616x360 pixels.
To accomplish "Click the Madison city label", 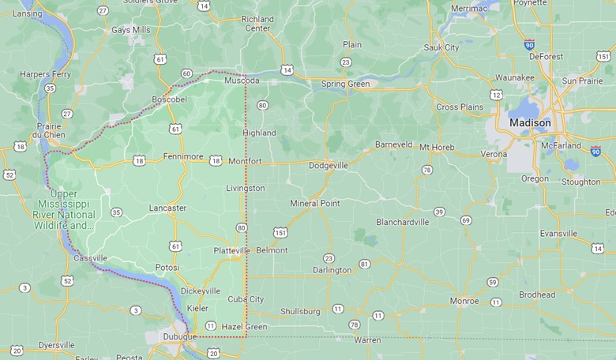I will [x=531, y=123].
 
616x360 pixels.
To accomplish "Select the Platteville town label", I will [x=231, y=250].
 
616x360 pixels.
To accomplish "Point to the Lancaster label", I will [x=167, y=208].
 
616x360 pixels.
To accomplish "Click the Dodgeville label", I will [x=328, y=166].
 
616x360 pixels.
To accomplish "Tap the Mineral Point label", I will [x=315, y=204].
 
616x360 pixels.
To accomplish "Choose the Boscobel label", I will [x=169, y=99].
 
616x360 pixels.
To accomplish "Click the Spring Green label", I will [x=346, y=84].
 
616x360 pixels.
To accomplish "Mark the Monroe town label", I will [x=464, y=301].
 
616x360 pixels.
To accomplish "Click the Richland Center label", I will [x=257, y=24].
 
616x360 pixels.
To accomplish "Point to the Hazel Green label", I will [x=244, y=327].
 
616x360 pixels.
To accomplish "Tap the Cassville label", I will [x=90, y=258].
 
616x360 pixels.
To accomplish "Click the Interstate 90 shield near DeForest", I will [x=528, y=46].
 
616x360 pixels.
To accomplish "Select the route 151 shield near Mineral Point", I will [x=280, y=232].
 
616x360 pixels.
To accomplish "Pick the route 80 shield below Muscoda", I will [x=262, y=105].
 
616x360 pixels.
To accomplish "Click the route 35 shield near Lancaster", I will [x=116, y=212].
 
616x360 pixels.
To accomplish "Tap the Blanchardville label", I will [x=403, y=222].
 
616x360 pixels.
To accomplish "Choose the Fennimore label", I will [x=183, y=156].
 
